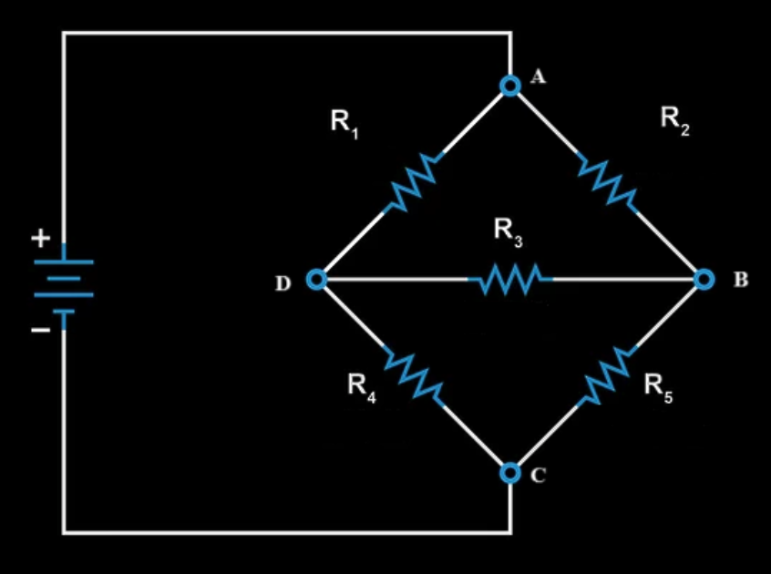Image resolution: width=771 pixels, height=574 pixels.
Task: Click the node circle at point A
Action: coord(510,86)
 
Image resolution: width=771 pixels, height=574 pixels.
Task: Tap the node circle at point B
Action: coord(704,279)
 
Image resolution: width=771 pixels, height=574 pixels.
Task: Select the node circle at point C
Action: coord(510,473)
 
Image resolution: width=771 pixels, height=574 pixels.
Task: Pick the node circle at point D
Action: coord(316,280)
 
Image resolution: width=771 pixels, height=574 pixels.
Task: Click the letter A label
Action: coord(538,77)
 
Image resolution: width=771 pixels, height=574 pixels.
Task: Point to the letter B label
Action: coord(740,280)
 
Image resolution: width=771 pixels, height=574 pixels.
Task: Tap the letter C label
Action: coord(538,475)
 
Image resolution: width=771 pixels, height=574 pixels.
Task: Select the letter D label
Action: coord(283,284)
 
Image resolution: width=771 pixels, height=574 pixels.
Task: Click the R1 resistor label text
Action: coord(345,122)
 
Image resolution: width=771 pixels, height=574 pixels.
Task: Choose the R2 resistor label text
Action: coord(675,120)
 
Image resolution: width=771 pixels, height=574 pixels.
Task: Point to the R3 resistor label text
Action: coord(509,231)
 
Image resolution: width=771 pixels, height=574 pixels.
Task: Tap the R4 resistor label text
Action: coord(362,386)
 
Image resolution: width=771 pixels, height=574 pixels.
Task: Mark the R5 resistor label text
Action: coord(658,386)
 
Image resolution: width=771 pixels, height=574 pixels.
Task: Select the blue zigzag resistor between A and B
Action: coord(607,182)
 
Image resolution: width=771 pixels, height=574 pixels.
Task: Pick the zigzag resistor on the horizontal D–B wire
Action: coord(509,280)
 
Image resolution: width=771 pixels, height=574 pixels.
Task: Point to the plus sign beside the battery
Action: coord(40,240)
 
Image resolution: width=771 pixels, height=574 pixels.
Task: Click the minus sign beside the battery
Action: coord(40,331)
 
